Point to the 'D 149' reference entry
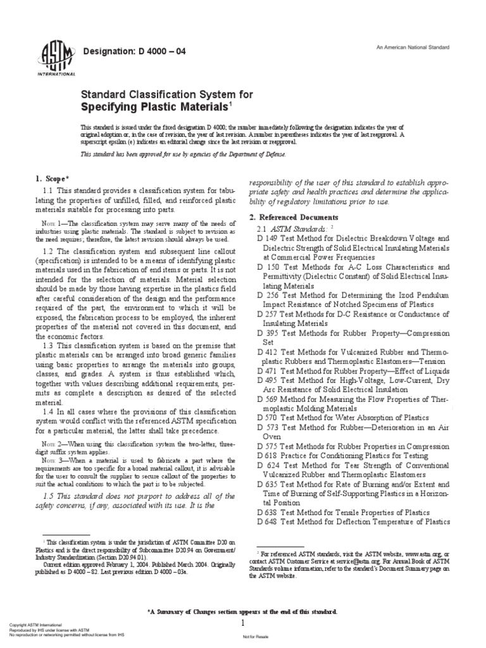click(267, 239)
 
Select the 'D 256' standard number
click(267, 295)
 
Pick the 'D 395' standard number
click(267, 332)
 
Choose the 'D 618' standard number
click(267, 456)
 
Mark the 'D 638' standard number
click(267, 512)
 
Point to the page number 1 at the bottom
click(242, 623)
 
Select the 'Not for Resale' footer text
click(256, 638)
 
